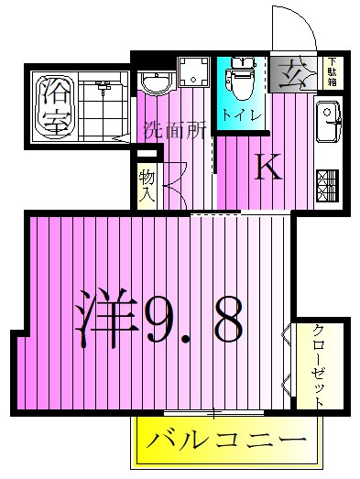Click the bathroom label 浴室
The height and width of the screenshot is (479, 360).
pos(55,106)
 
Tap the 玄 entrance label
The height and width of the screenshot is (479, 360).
pos(294,71)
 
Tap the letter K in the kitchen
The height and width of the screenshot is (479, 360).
pos(267,168)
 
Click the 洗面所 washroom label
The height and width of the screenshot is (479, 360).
pos(174,131)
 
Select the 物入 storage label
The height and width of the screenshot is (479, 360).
pos(147,186)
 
